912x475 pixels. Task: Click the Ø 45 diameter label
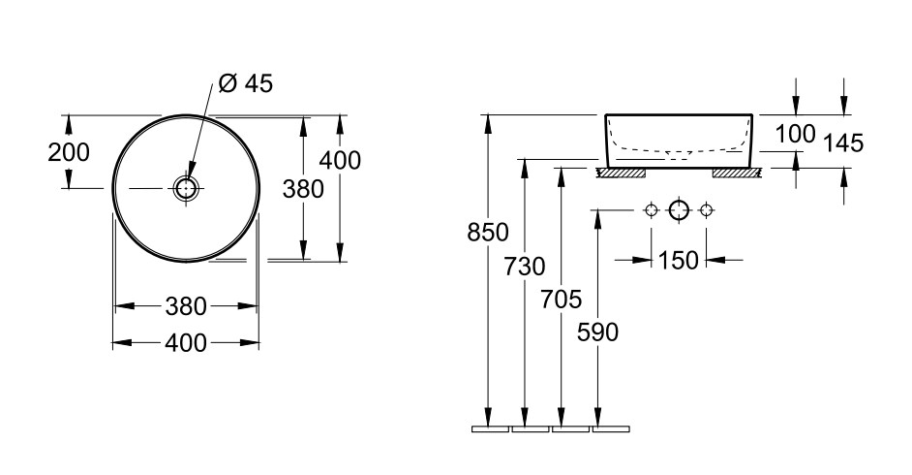coord(246,83)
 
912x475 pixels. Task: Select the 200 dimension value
coord(69,152)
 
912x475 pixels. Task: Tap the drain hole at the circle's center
coord(186,188)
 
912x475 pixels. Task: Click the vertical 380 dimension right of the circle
coord(303,189)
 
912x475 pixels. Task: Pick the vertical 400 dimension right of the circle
coord(340,160)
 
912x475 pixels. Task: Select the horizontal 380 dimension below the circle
coord(186,306)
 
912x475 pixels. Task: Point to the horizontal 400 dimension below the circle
coord(186,343)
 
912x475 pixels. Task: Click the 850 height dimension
coord(488,233)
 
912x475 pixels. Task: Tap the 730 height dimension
coord(525,267)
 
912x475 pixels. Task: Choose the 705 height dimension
coord(562,300)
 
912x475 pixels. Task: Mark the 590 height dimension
coord(598,332)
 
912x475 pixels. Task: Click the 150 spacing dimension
coord(678,260)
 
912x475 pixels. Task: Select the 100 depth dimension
coord(796,135)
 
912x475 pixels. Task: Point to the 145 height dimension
coord(844,143)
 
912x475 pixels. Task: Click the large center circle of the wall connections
coord(679,210)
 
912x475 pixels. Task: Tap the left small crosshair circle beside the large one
coord(651,210)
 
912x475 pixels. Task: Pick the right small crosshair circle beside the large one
coord(706,210)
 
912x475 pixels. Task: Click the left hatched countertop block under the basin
coord(623,173)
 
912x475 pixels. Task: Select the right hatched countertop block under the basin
coord(737,173)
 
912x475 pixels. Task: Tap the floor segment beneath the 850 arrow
coord(491,429)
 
